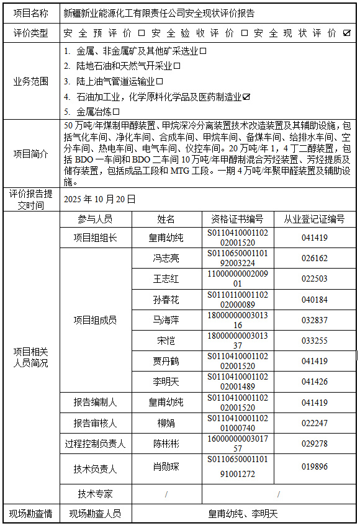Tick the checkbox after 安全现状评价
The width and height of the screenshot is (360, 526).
pyautogui.click(x=347, y=33)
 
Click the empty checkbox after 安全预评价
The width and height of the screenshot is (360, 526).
pyautogui.click(x=141, y=33)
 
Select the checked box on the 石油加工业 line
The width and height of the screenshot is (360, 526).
pyautogui.click(x=246, y=97)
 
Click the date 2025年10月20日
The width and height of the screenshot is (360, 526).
pyautogui.click(x=99, y=199)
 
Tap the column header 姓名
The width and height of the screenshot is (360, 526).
pyautogui.click(x=166, y=219)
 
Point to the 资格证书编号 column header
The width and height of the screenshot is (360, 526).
pyautogui.click(x=238, y=219)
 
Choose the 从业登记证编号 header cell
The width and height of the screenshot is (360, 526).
pyautogui.click(x=315, y=219)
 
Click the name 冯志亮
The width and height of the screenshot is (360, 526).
pyautogui.click(x=166, y=258)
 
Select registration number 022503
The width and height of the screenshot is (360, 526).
pyautogui.click(x=315, y=279)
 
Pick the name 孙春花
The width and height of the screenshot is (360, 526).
pyautogui.click(x=166, y=300)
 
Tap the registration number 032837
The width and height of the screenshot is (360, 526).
pyautogui.click(x=315, y=320)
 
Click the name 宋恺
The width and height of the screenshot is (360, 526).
pyautogui.click(x=166, y=341)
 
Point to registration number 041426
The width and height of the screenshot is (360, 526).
pyautogui.click(x=315, y=381)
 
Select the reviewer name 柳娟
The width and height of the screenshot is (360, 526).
pyautogui.click(x=166, y=423)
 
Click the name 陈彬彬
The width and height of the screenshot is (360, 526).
pyautogui.click(x=166, y=444)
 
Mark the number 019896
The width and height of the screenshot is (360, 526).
pyautogui.click(x=315, y=466)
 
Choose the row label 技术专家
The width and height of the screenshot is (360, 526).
pyautogui.click(x=95, y=494)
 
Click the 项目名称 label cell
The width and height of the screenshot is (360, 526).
pyautogui.click(x=30, y=12)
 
